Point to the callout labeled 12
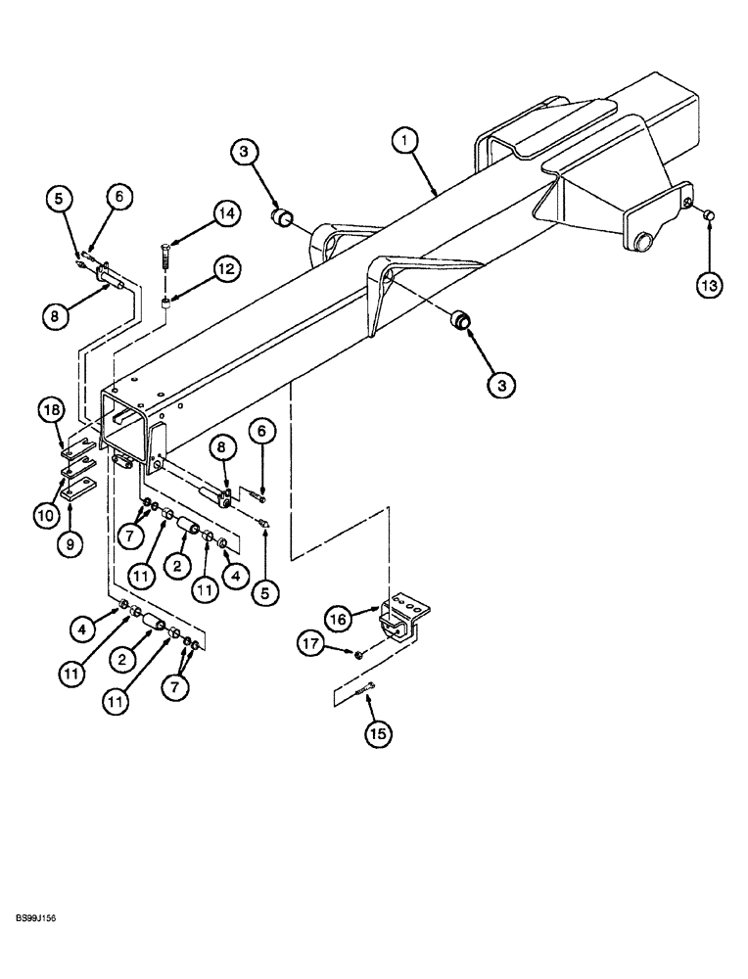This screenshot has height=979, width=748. pos(226,267)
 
